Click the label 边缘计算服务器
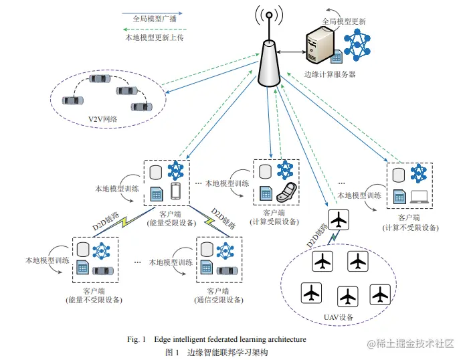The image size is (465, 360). click(x=329, y=74)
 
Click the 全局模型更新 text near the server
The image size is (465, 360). click(x=343, y=21)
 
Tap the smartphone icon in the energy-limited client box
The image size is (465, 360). click(x=176, y=192)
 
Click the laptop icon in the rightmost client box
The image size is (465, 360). click(x=420, y=196)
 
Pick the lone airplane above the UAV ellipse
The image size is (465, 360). click(x=339, y=219)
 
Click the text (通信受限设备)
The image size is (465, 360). click(x=220, y=300)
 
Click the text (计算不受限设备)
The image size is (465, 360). click(x=410, y=227)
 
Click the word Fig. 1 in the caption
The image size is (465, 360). click(x=136, y=339)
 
